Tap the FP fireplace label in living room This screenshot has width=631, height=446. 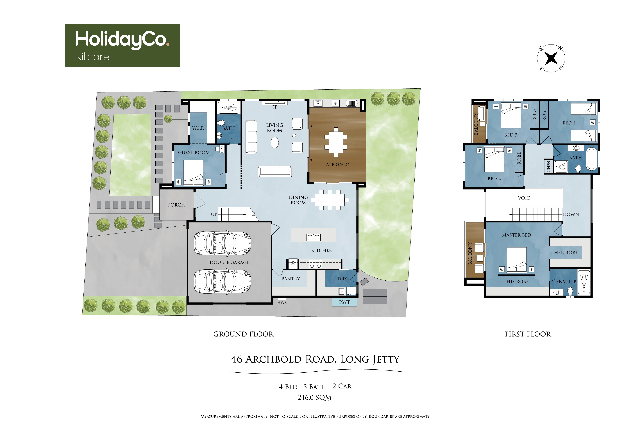pyautogui.click(x=275, y=107)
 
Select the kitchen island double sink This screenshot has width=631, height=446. pyautogui.click(x=313, y=237)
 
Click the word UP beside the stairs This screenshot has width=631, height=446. pyautogui.click(x=214, y=214)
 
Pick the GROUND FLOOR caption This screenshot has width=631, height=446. pyautogui.click(x=243, y=334)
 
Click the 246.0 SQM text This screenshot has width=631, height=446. pyautogui.click(x=314, y=398)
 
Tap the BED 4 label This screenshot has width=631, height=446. pyautogui.click(x=569, y=123)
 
